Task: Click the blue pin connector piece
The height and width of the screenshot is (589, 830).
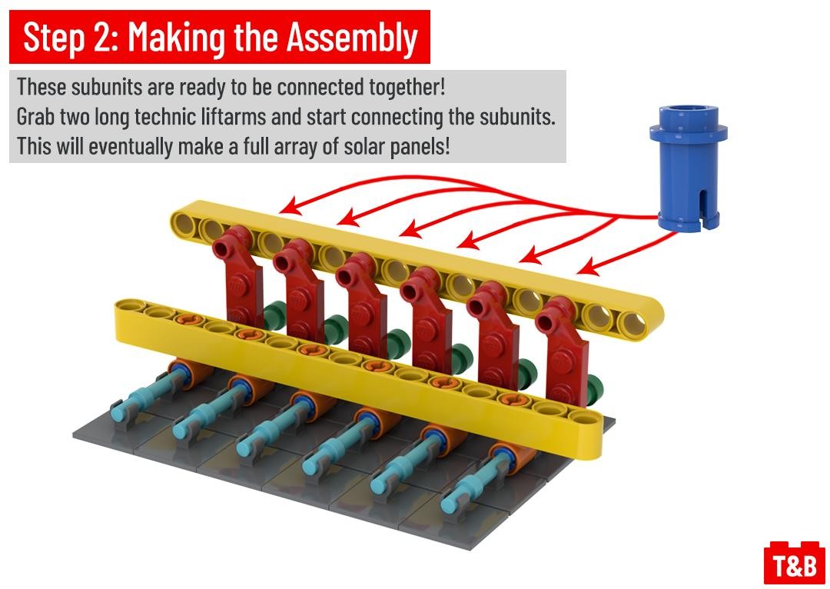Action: tap(688, 168)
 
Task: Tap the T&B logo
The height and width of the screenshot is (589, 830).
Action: tap(795, 564)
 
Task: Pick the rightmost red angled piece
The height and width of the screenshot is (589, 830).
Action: tap(563, 352)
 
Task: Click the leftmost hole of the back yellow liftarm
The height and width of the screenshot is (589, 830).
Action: tap(184, 223)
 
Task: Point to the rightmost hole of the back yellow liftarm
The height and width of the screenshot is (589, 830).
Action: tap(633, 324)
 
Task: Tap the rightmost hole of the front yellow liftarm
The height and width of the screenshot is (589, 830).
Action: tap(584, 418)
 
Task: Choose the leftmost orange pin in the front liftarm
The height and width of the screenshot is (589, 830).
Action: tap(189, 320)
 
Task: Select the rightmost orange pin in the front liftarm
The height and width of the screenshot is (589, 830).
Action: tap(513, 400)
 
